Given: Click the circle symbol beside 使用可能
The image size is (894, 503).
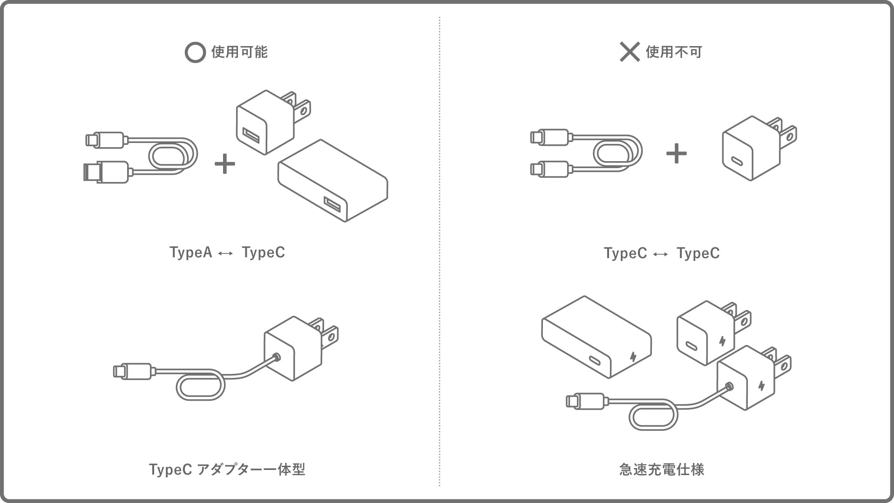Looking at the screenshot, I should (195, 53).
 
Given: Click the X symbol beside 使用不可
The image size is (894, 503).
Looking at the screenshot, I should (630, 52).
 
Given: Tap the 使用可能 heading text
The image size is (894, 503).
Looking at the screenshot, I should (239, 52).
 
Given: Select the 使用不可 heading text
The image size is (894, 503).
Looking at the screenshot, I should (674, 52).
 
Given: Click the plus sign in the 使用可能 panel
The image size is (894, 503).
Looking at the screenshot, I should (224, 164).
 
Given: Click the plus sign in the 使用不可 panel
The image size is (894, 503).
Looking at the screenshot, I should (676, 154).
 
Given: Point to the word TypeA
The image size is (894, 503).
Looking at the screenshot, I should (190, 252).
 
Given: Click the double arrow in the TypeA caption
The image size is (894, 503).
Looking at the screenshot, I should (226, 253).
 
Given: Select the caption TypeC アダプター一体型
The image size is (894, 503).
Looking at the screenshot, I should (227, 469).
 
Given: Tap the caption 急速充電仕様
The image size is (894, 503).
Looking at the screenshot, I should (662, 469).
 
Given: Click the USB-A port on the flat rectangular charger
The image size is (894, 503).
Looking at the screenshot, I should (332, 204).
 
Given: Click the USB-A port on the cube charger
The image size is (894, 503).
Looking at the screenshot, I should (251, 136).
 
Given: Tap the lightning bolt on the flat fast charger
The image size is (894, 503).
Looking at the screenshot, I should (633, 357).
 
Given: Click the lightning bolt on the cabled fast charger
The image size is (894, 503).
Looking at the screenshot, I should (761, 386).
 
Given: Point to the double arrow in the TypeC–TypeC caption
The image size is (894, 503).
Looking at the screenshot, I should (661, 254).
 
